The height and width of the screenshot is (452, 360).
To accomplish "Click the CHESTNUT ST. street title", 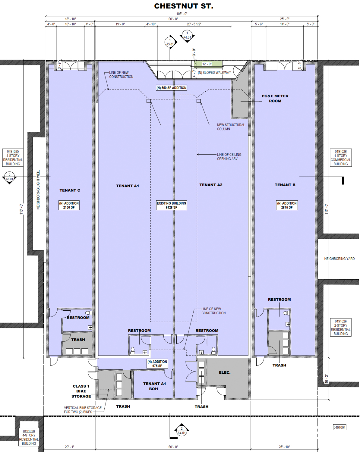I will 183,6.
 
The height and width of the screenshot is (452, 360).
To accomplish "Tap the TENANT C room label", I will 70,190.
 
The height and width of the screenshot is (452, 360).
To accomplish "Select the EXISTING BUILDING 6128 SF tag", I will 171,205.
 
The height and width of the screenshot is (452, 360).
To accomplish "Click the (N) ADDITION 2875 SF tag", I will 287,205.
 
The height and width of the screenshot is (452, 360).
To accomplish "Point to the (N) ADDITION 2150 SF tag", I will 69,205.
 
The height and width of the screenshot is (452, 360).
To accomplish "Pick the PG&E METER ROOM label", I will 275,99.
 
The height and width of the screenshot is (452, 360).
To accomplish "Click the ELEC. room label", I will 225,373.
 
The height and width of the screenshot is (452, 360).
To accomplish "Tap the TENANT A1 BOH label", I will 154,386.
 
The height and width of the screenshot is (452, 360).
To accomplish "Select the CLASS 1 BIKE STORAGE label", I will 81,391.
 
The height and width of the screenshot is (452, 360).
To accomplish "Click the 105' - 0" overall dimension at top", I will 182,14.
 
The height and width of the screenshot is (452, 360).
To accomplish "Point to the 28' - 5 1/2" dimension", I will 194,24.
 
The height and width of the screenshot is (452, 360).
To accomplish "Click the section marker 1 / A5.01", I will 170,42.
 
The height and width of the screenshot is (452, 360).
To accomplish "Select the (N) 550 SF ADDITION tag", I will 172,88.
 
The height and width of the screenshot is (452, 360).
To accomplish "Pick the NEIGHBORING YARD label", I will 339,259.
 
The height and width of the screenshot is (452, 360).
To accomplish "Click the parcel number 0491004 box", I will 339,427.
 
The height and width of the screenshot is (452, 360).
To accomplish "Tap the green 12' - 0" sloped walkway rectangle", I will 207,64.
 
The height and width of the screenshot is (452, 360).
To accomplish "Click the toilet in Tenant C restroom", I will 88,313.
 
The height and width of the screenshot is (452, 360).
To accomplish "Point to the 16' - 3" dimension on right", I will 327,379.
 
